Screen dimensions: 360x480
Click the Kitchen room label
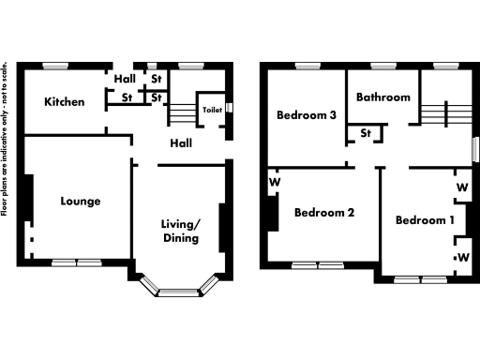pos(66,101)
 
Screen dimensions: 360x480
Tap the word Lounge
pos(81,201)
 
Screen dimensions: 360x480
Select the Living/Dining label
pos(179,231)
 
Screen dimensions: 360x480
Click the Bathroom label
pos(383,97)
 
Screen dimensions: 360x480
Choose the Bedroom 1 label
pos(425,220)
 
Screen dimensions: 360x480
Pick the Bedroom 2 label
pos(323,213)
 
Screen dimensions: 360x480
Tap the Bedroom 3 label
pos(307,115)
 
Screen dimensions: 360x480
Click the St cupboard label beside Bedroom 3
pos(366,133)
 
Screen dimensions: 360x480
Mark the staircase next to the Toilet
pos(182,112)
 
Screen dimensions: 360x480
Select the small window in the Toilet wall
pos(229,110)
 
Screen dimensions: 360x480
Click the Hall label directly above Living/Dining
pos(181,143)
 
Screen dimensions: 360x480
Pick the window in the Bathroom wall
pos(382,66)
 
